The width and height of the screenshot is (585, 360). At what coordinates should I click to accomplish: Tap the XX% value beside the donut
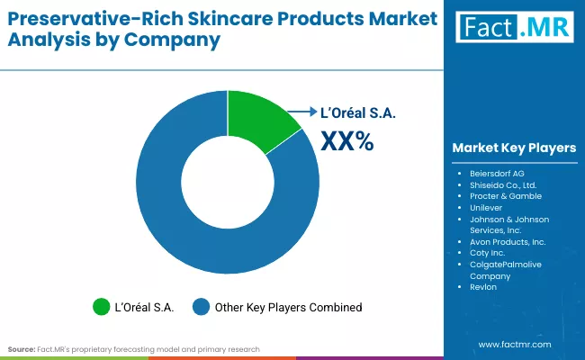(x=347, y=140)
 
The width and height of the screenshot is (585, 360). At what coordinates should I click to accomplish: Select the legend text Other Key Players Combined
(x=288, y=308)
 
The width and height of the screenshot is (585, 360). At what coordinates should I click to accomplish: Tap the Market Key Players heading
(x=514, y=148)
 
